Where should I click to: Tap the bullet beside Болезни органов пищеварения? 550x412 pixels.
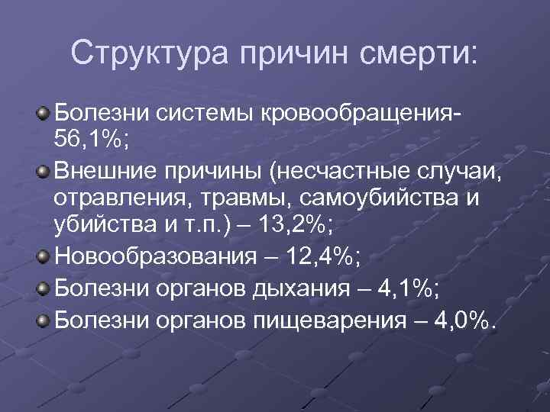pyautogui.click(x=43, y=317)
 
